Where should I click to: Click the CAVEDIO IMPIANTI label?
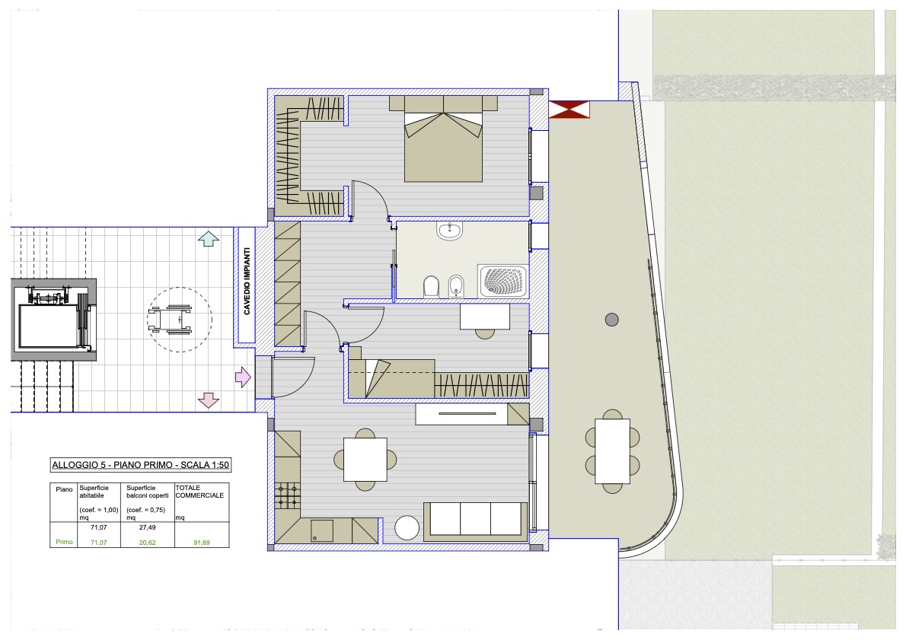(x=247, y=282)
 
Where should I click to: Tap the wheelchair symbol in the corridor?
(x=170, y=320)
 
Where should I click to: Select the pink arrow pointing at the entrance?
(x=243, y=377)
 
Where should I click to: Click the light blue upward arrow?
(x=209, y=238)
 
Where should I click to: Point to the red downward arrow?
(x=208, y=400)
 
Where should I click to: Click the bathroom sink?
(x=449, y=231)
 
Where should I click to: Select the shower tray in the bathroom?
(x=502, y=282)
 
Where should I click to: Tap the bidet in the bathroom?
(x=457, y=286)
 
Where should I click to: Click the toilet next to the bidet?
(x=431, y=286)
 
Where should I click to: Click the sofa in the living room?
(x=476, y=521)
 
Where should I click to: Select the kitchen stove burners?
(x=288, y=496)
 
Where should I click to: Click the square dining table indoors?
(x=365, y=459)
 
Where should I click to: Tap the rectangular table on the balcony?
(x=612, y=451)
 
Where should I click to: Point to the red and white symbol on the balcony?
(x=569, y=110)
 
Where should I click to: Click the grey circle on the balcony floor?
(x=612, y=320)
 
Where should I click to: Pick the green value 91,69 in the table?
(x=202, y=543)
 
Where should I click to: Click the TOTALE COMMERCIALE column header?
(x=199, y=492)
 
